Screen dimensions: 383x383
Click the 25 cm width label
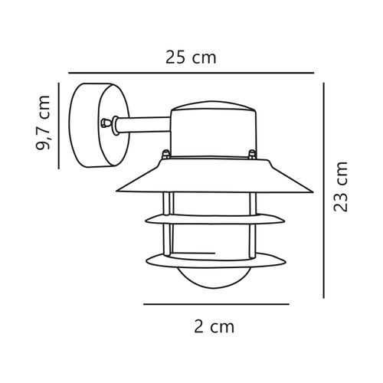pos(191,57)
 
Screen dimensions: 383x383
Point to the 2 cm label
pos(211,327)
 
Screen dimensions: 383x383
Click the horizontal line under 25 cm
pos(191,74)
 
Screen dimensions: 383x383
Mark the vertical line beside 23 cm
pos(325,191)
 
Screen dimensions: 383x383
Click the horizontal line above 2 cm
pos(216,304)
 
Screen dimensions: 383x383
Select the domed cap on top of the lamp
pos(211,126)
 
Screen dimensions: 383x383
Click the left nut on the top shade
pos(163,155)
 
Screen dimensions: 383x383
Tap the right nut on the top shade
pos(252,155)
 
